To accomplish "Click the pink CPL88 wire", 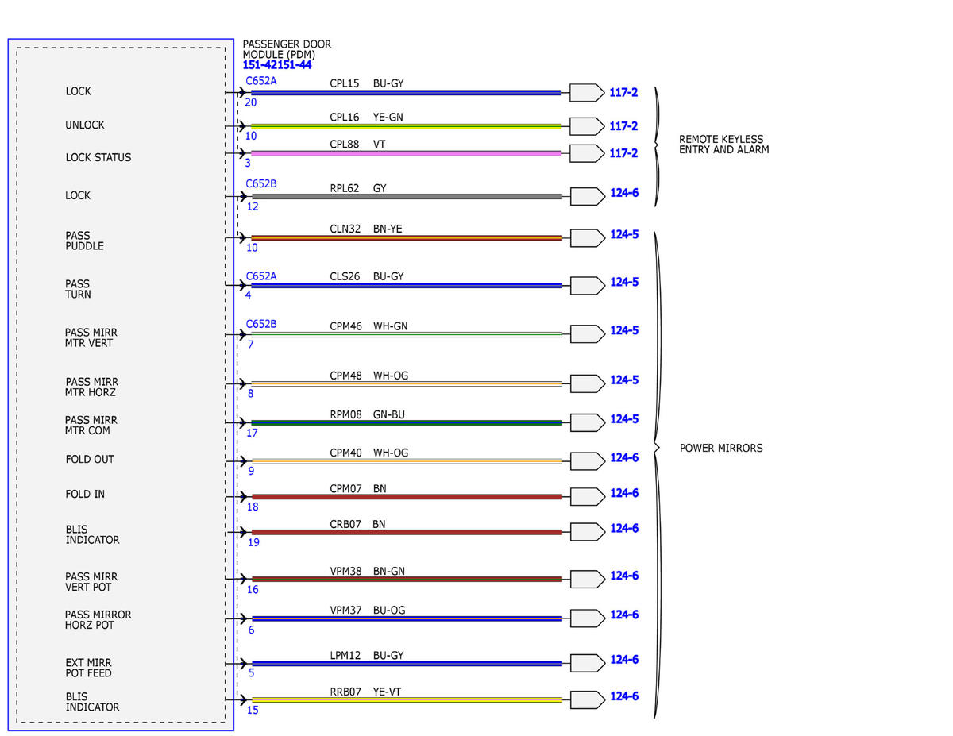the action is pyautogui.click(x=406, y=153).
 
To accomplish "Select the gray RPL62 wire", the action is pyautogui.click(x=407, y=196).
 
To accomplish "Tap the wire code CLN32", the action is pyautogui.click(x=345, y=229).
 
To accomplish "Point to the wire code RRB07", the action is pyautogui.click(x=345, y=692).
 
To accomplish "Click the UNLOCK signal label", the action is pyautogui.click(x=85, y=125).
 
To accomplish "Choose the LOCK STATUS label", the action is pyautogui.click(x=98, y=157).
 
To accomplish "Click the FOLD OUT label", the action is pyautogui.click(x=90, y=460).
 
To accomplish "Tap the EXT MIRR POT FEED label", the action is pyautogui.click(x=89, y=668).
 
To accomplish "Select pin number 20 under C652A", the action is pyautogui.click(x=250, y=102).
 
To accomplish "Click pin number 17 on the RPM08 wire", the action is pyautogui.click(x=252, y=433).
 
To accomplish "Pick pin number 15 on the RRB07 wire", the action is pyautogui.click(x=253, y=710).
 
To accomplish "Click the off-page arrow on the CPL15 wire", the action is pyautogui.click(x=587, y=92).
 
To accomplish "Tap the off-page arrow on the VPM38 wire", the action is pyautogui.click(x=588, y=579).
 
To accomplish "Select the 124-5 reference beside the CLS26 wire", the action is pyautogui.click(x=624, y=282).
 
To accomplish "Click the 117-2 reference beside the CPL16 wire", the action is pyautogui.click(x=623, y=126).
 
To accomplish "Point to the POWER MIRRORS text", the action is pyautogui.click(x=721, y=448).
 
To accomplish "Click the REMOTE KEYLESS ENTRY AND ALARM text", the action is pyautogui.click(x=723, y=145).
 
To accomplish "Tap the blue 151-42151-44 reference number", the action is pyautogui.click(x=276, y=65).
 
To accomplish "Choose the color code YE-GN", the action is pyautogui.click(x=388, y=117).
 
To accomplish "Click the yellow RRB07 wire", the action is pyautogui.click(x=407, y=700).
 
